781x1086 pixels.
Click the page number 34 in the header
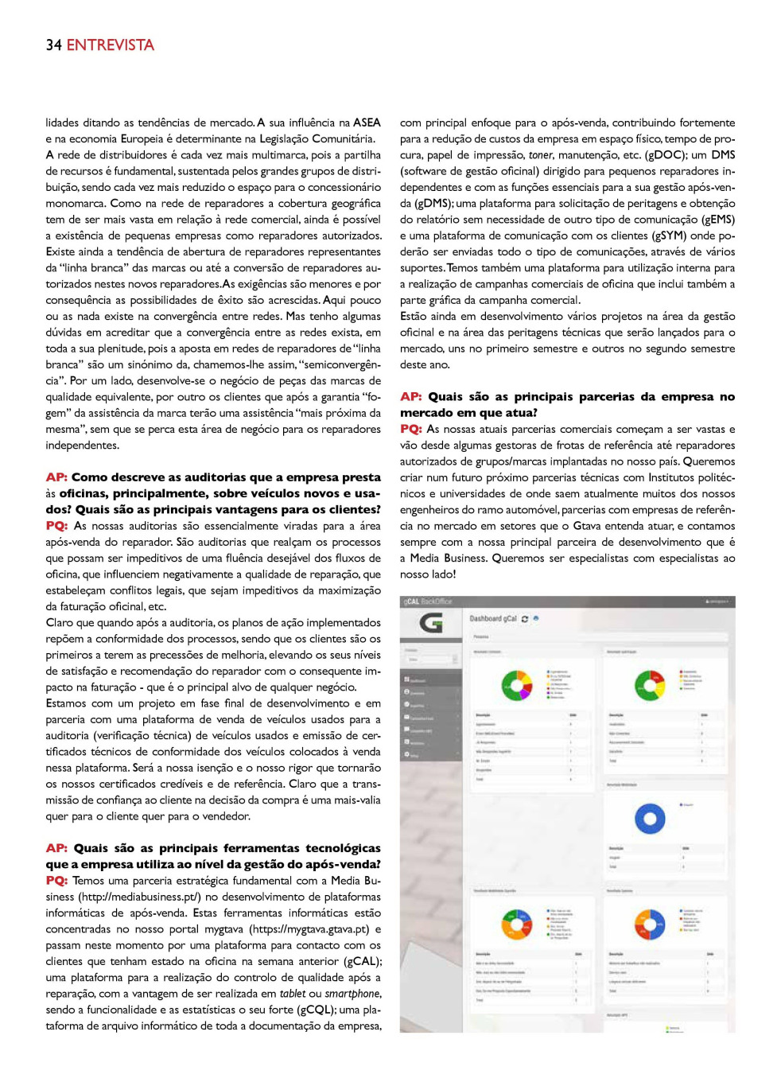point(53,45)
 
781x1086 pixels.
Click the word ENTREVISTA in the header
point(111,45)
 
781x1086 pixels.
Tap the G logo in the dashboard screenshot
point(430,623)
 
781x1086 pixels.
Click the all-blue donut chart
point(650,818)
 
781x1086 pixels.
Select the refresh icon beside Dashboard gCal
point(525,619)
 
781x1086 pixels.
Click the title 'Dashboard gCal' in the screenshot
point(493,619)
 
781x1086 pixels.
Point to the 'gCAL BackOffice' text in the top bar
point(428,601)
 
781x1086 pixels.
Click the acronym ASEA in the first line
point(367,123)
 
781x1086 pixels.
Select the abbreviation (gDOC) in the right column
point(666,155)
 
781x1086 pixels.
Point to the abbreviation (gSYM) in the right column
point(669,235)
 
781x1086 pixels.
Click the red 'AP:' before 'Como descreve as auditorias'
point(56,477)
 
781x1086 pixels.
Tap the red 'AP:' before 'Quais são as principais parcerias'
point(411,396)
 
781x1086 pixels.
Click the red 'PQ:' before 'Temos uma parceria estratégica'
point(56,881)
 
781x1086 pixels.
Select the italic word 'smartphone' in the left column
point(353,994)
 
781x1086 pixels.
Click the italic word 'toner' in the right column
point(540,155)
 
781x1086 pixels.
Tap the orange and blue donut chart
point(650,924)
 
